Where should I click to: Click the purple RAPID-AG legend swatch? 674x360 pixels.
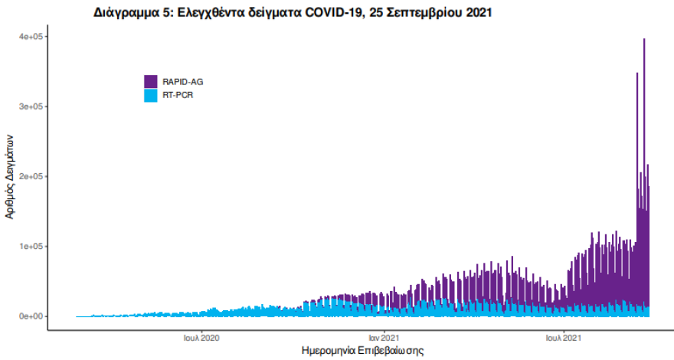[151, 81]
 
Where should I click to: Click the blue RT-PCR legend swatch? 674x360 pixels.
[151, 96]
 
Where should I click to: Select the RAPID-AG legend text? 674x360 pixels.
[183, 81]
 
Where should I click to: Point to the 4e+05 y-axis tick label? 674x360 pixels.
[30, 37]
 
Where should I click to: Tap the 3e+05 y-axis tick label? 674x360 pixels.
[30, 106]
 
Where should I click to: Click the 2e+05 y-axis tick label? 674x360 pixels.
[30, 176]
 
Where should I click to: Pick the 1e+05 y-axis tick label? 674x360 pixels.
[30, 246]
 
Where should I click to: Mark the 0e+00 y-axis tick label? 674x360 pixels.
[30, 316]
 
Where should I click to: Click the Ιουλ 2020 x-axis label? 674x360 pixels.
[202, 337]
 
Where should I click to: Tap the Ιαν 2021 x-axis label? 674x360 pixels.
[382, 337]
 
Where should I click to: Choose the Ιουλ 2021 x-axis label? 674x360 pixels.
[564, 337]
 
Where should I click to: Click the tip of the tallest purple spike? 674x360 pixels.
[644, 39]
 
